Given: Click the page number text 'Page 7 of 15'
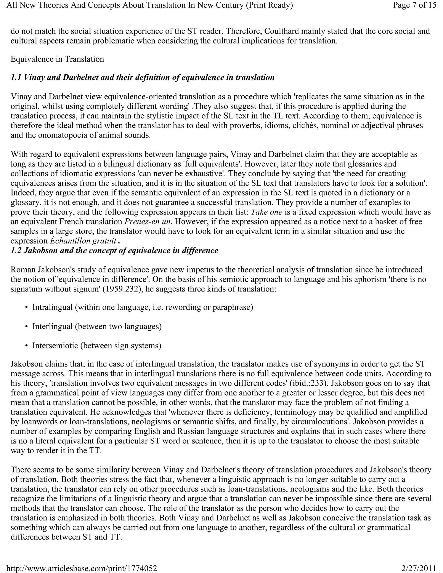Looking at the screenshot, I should (x=414, y=5).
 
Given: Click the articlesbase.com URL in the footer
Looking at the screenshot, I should (x=81, y=568).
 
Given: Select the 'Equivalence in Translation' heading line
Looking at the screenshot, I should (x=57, y=59).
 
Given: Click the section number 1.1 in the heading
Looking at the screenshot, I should (x=16, y=77).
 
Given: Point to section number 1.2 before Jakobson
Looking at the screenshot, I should (x=16, y=251).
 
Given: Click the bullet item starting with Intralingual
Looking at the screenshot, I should (x=143, y=307).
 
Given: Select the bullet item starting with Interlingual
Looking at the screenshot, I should (x=97, y=326).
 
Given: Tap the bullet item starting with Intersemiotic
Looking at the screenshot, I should (x=96, y=346).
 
